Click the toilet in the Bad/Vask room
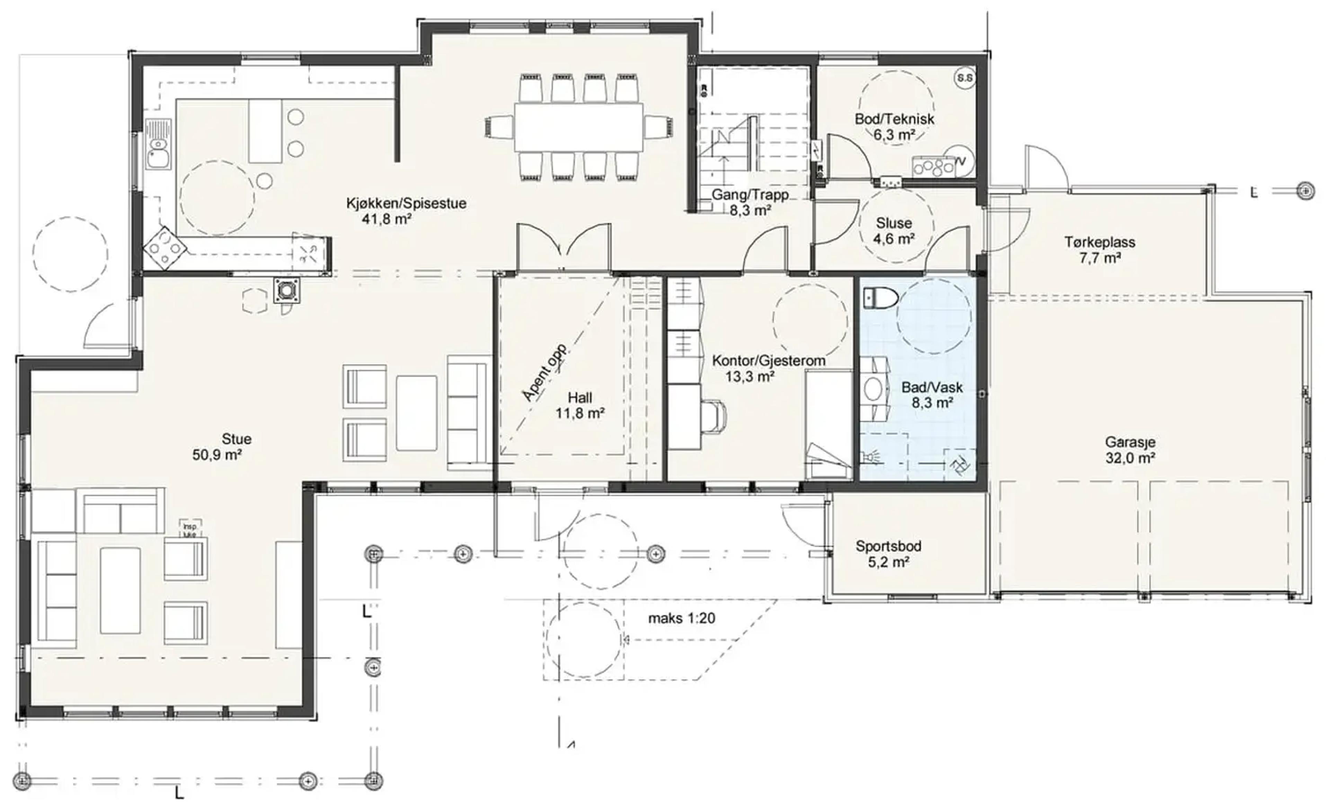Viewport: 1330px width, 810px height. [879, 297]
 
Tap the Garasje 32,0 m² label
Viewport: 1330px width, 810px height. [1130, 450]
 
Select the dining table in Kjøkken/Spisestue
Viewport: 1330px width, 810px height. [579, 127]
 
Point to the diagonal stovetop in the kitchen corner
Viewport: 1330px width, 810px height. [165, 248]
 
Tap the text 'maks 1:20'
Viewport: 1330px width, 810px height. [682, 618]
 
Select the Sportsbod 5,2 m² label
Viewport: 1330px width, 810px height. [888, 554]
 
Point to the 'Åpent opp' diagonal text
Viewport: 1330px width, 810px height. [544, 372]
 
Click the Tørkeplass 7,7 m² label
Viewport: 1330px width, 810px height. [1100, 250]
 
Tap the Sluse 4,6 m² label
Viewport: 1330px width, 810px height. [894, 230]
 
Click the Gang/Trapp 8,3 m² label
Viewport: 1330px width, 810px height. [750, 202]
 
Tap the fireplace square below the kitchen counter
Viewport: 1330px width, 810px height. [285, 291]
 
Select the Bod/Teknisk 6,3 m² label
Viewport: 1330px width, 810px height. [894, 127]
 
